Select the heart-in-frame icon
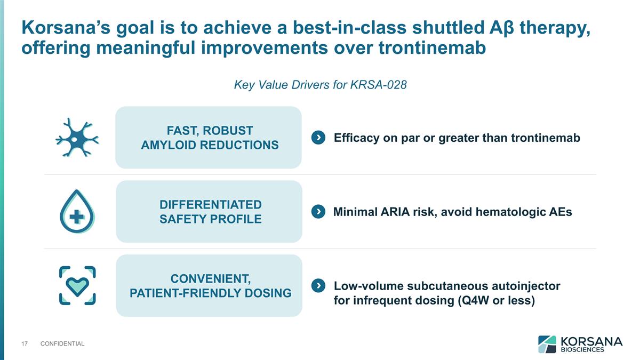[77, 286]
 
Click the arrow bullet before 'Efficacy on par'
[318, 138]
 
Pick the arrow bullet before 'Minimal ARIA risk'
[318, 212]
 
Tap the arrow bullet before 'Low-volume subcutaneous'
[318, 286]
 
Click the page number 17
[24, 343]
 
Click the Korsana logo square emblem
[547, 344]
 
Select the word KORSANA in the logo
[590, 340]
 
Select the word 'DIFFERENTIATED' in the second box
[211, 205]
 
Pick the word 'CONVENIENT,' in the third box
[211, 279]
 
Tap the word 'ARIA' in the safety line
[395, 212]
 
